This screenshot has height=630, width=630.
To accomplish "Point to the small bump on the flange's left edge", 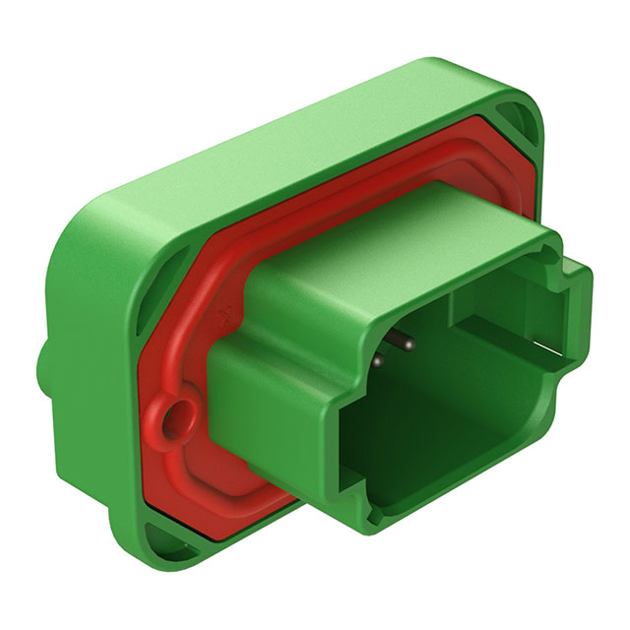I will point(44,364).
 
